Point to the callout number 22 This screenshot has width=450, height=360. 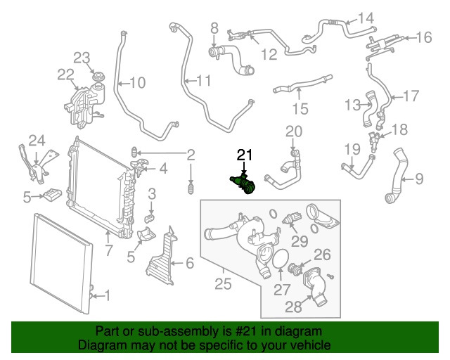(65, 75)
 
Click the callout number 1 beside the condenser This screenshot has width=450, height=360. (108, 295)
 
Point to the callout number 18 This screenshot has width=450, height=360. (399, 129)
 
